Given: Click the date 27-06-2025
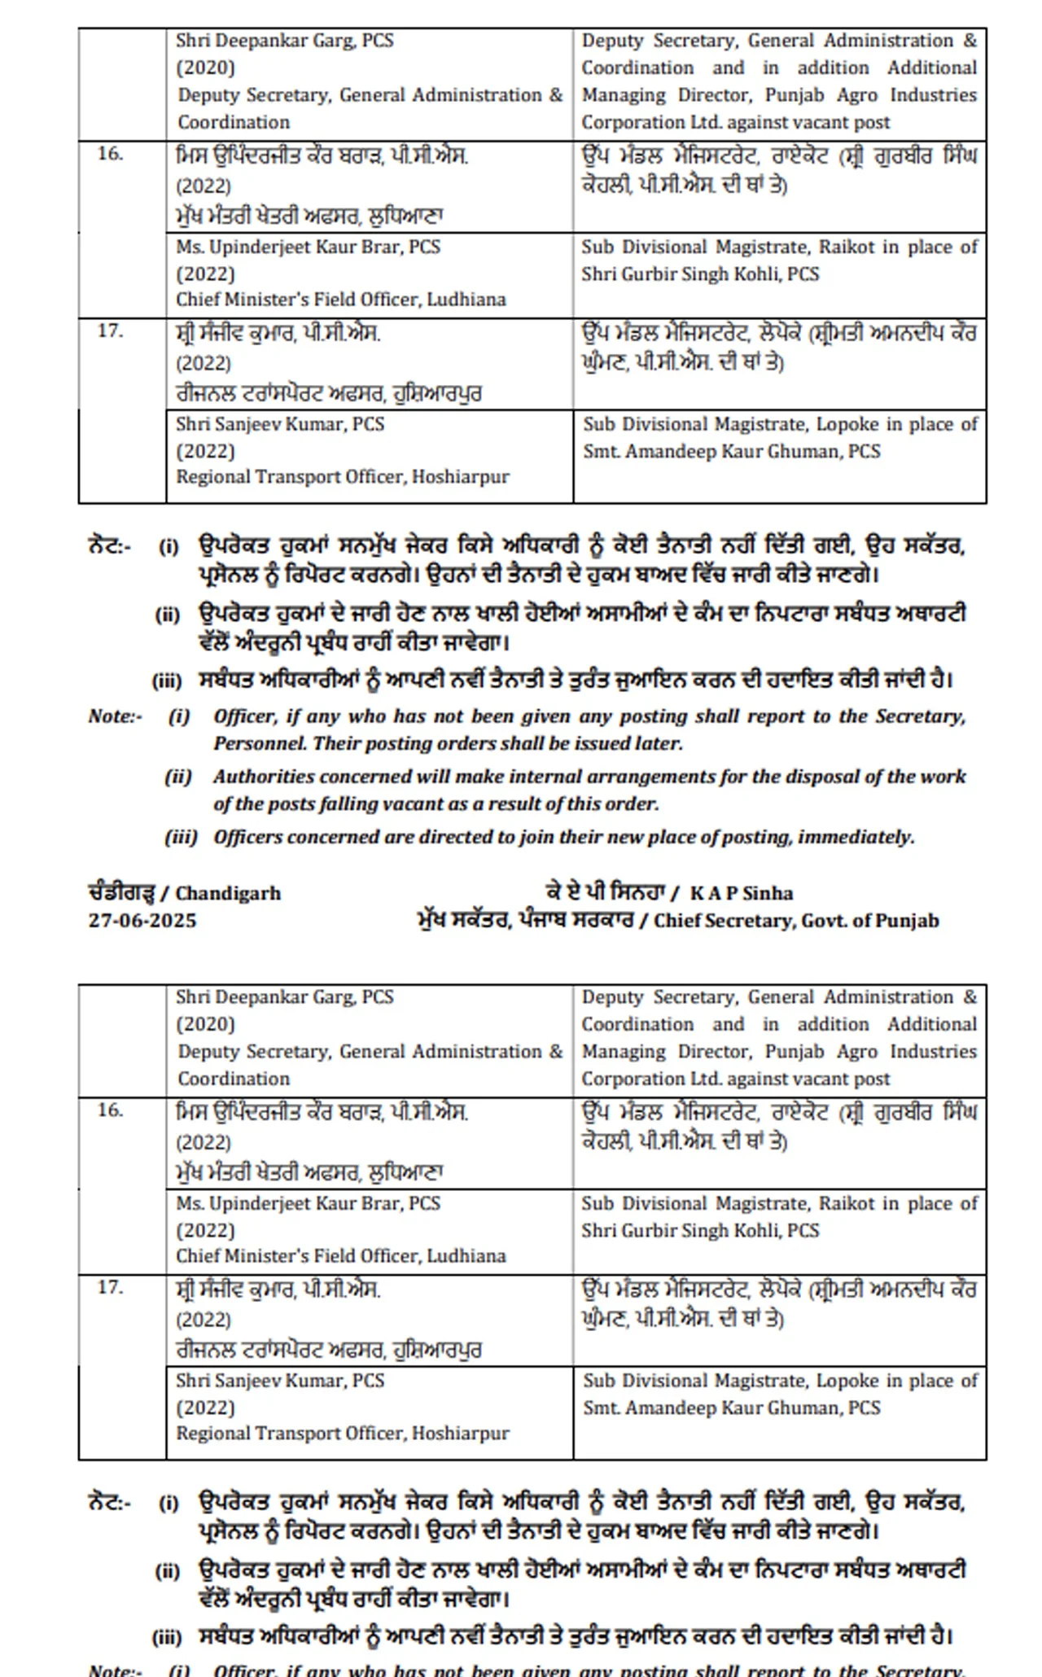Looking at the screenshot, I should [142, 921].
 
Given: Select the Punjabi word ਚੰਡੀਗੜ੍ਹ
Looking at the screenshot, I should [120, 892].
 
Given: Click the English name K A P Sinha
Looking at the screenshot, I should [742, 893].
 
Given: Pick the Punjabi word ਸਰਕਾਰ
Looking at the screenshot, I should [598, 921].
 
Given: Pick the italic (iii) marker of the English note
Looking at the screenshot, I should [181, 837].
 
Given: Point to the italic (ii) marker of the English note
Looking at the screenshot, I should [178, 777].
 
